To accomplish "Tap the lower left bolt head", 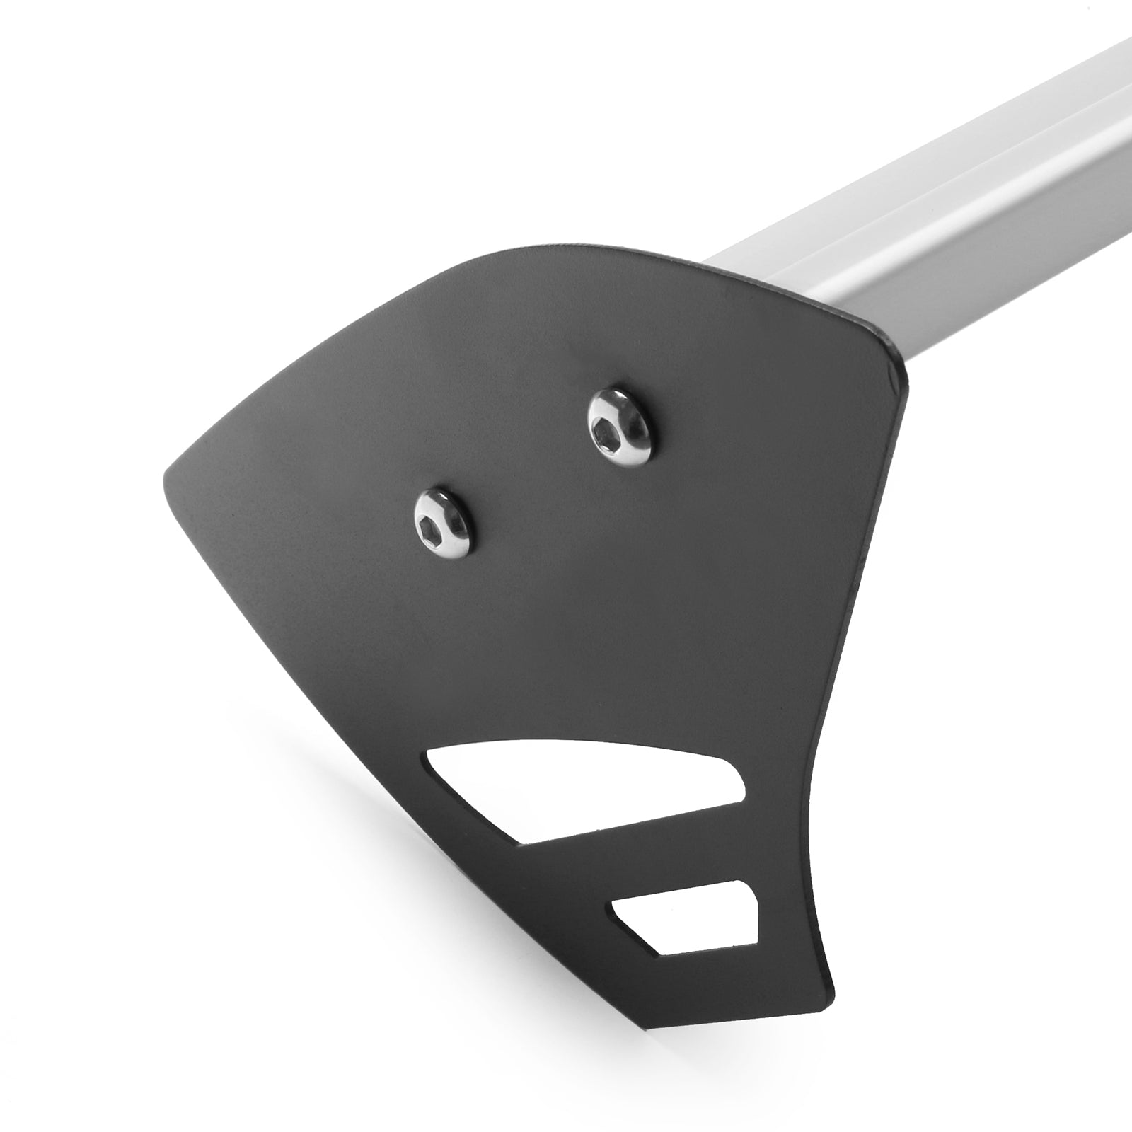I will tap(444, 521).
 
